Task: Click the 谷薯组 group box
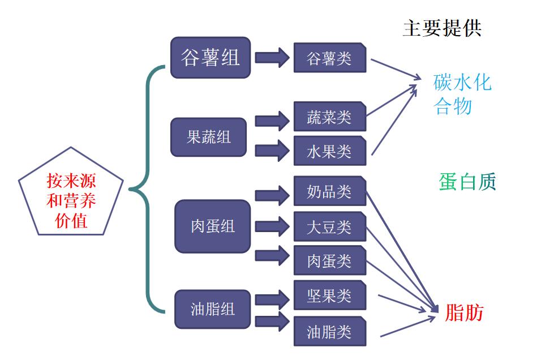tap(211, 58)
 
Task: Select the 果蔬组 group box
tap(209, 137)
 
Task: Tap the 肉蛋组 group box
tap(212, 226)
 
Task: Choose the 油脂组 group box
tap(212, 309)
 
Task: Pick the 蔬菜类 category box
tap(329, 117)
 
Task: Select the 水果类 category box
tap(329, 151)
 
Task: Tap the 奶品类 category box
tap(329, 191)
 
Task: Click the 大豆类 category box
tap(329, 226)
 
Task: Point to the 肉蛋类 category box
tap(329, 261)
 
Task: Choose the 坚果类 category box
tap(329, 295)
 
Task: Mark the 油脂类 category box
tap(329, 331)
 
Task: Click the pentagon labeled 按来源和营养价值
tap(71, 195)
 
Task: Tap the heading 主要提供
tap(441, 28)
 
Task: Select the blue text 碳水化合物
tap(461, 94)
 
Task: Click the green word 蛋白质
tap(467, 182)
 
